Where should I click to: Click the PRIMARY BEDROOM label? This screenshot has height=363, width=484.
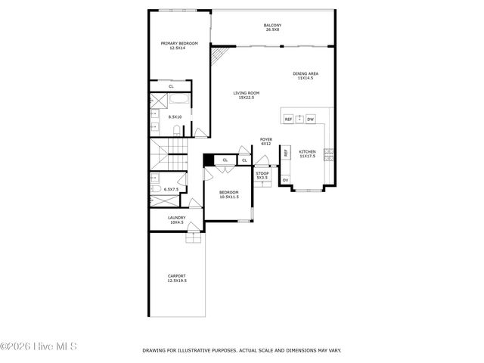point(179,43)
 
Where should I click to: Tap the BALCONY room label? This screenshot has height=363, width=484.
point(272,26)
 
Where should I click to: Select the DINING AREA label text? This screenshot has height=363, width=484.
point(306,73)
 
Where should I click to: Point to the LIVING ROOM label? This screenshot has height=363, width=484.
point(246,93)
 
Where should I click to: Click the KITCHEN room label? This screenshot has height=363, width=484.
point(307,151)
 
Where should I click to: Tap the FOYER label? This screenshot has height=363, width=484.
point(266,139)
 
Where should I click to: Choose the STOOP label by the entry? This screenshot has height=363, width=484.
point(262,173)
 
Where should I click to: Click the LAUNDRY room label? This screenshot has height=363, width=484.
point(177,218)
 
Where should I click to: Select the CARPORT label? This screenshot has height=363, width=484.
point(177,276)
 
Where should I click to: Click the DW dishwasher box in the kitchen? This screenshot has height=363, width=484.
point(310,119)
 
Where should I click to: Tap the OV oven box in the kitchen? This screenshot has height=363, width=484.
point(285,180)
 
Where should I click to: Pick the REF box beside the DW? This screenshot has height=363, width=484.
point(288,119)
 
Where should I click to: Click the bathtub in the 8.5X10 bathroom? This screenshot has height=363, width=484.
point(180,101)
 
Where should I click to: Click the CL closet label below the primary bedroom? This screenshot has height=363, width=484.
point(172,86)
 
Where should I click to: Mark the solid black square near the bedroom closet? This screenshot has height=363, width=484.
point(209,160)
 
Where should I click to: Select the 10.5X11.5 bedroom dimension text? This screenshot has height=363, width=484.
point(229,197)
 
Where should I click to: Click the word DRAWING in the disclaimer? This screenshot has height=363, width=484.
point(154,350)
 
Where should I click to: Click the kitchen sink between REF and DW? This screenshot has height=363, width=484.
point(299,119)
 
